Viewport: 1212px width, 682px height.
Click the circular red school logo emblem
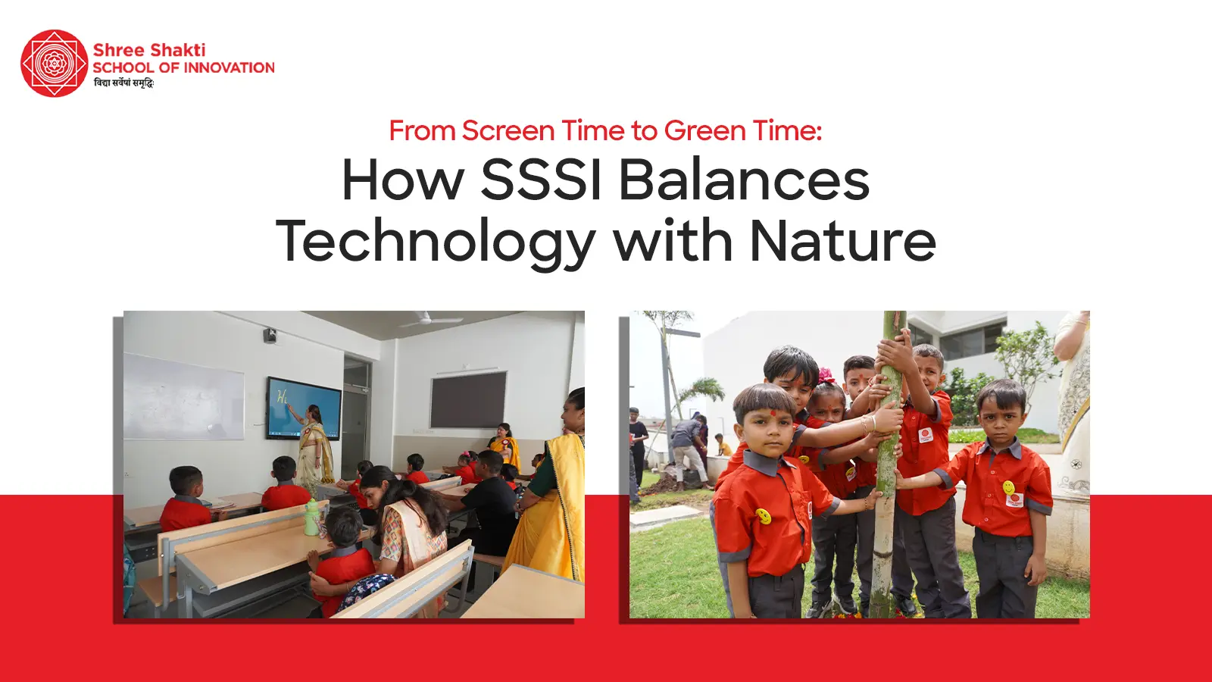click(54, 64)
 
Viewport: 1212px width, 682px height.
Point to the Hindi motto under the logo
click(124, 83)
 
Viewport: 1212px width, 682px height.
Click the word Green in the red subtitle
click(698, 130)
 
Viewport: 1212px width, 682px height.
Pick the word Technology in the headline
click(436, 242)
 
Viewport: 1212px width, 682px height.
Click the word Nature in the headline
click(842, 241)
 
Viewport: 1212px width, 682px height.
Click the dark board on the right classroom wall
click(469, 400)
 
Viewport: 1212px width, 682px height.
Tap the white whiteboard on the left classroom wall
click(183, 397)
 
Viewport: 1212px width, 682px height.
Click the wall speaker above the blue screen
click(270, 336)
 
